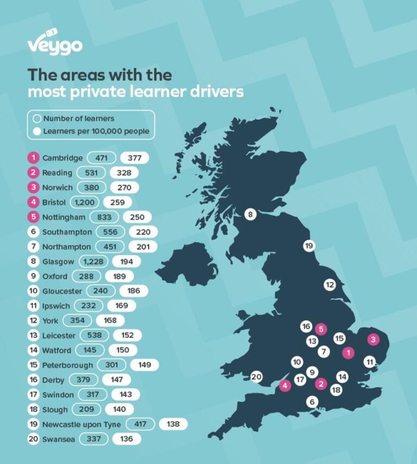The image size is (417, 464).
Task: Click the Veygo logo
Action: pos(55,44)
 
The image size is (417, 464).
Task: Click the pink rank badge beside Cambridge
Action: pos(33,158)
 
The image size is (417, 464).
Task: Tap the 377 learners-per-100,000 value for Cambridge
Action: pos(135,158)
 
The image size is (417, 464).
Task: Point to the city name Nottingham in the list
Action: pos(64,217)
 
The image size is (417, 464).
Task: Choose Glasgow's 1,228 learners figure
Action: pos(93,262)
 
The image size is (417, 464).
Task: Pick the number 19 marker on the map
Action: pos(309,246)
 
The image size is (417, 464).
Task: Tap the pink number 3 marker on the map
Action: pos(373,340)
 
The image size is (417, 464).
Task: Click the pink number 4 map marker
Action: pos(285,386)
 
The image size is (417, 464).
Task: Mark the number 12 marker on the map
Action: pos(330,284)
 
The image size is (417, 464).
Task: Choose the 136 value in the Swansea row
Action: pos(127,438)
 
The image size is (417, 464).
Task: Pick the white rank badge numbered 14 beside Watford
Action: pos(33,350)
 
